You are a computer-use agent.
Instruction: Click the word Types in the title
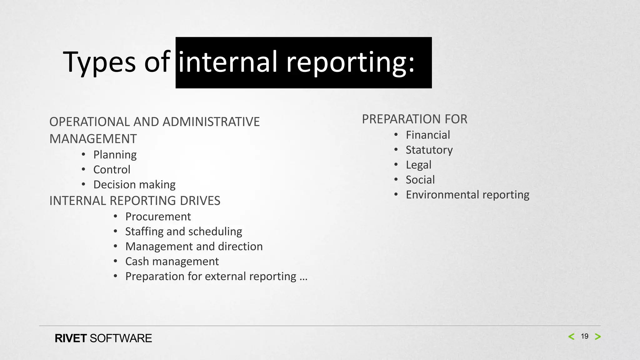tap(99, 62)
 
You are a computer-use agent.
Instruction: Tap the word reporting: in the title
tap(350, 62)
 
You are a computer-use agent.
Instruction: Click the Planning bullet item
tap(115, 155)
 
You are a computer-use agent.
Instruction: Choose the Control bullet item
tap(112, 170)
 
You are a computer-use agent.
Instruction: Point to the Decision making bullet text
tap(134, 185)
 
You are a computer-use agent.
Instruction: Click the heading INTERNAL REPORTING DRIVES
tap(135, 201)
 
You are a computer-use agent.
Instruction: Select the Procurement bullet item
tap(158, 217)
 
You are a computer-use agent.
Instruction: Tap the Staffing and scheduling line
tap(183, 232)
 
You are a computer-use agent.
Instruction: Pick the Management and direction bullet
tap(194, 247)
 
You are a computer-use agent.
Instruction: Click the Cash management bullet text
tap(172, 262)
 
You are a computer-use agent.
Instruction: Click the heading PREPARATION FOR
tap(414, 119)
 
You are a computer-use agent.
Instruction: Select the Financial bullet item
tap(428, 135)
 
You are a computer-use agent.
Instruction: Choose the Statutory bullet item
tap(429, 150)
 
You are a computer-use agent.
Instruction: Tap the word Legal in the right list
tap(418, 165)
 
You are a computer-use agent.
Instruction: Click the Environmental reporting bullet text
tap(467, 195)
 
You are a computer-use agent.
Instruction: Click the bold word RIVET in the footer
tap(71, 338)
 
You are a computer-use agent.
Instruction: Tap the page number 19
tap(584, 337)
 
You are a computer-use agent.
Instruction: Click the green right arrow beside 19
tap(598, 337)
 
